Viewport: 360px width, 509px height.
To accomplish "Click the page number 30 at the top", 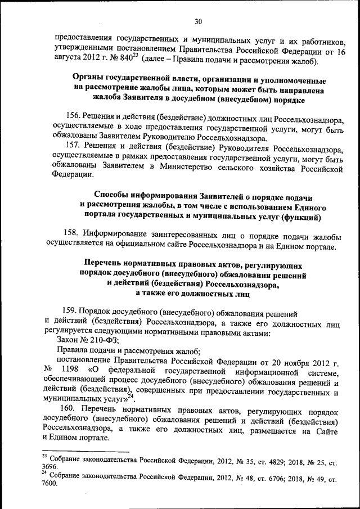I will coord(197,21).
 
